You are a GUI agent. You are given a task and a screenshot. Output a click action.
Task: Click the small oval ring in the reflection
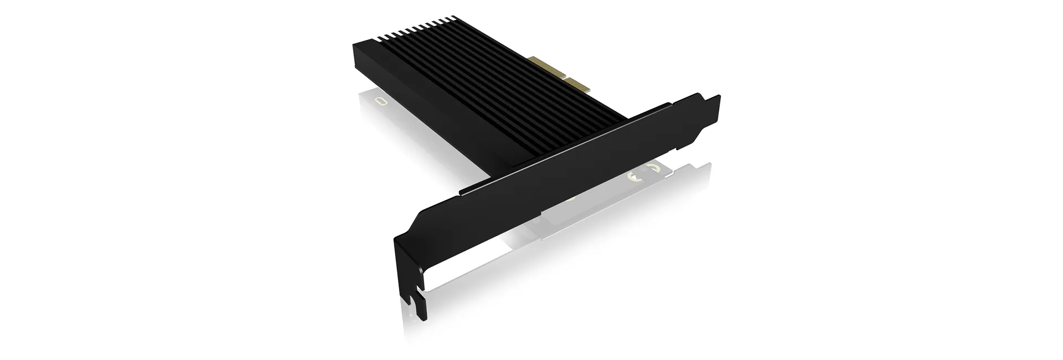pyautogui.click(x=380, y=101)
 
